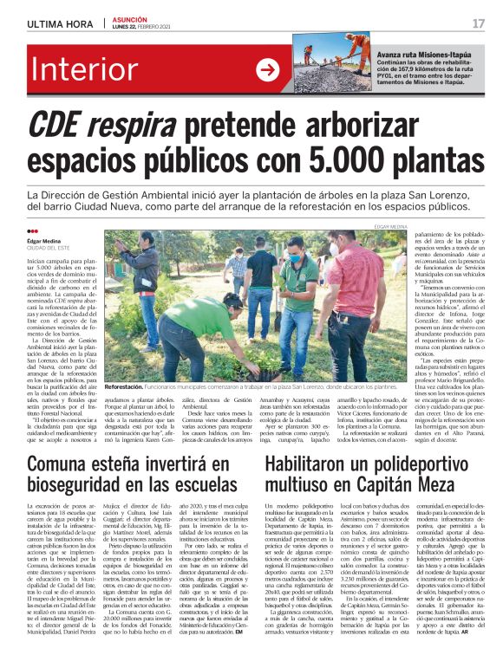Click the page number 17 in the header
pos(479,23)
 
